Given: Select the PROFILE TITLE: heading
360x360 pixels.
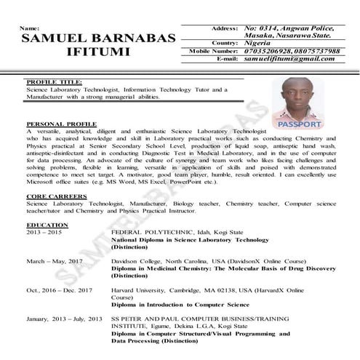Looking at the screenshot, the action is (54, 83).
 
